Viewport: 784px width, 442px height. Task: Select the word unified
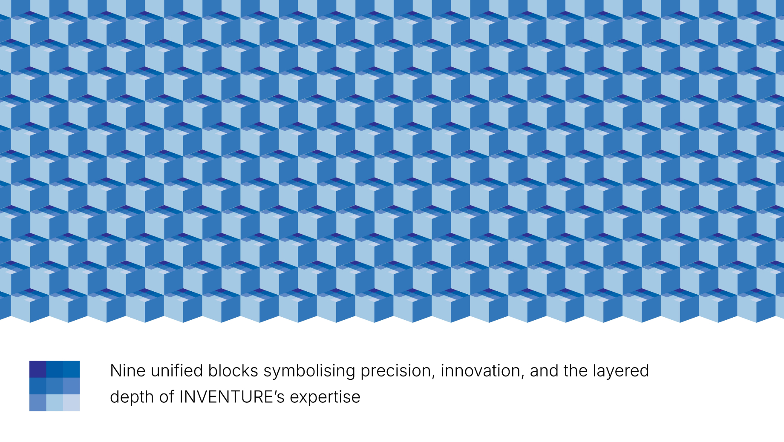click(177, 371)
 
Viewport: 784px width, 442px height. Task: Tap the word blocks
click(233, 371)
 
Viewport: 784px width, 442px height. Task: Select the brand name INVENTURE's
click(232, 397)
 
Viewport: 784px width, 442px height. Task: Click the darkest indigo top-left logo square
click(37, 369)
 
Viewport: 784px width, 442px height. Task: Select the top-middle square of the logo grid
click(55, 369)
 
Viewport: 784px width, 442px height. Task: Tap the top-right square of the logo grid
click(71, 369)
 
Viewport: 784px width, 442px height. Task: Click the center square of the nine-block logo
click(55, 386)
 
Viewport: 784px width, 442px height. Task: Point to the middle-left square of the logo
click(37, 386)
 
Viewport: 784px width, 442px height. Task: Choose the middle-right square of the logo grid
click(71, 386)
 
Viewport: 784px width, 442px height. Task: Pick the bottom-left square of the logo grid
click(37, 402)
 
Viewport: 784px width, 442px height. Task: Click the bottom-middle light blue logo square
click(55, 402)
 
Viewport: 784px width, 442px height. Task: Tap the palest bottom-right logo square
click(71, 402)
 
